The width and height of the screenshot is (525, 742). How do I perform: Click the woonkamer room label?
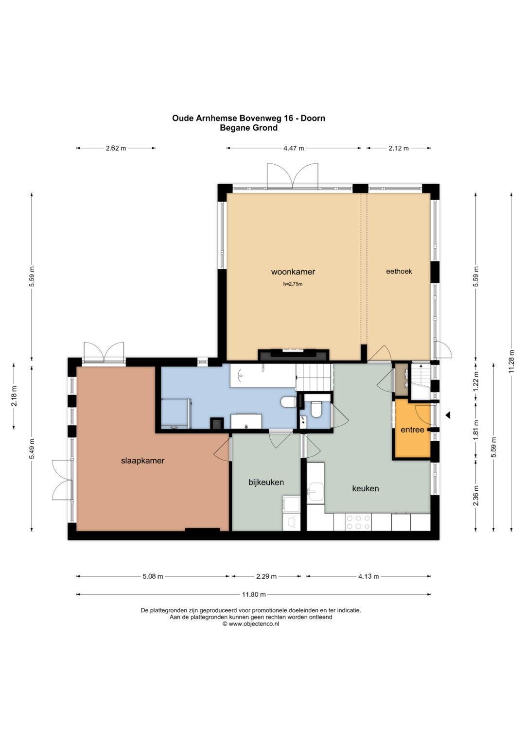click(x=293, y=272)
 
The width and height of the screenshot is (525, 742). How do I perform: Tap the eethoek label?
click(x=399, y=271)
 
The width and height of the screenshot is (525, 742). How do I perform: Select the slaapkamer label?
click(x=143, y=461)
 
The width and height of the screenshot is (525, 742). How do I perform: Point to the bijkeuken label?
click(x=266, y=482)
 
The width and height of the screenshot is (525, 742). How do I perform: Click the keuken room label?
click(x=365, y=488)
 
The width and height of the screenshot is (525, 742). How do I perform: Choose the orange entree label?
click(x=412, y=430)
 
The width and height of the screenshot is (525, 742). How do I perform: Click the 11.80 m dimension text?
click(x=254, y=594)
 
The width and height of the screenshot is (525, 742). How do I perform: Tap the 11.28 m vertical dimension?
click(x=512, y=362)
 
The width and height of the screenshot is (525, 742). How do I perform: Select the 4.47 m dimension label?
click(x=294, y=148)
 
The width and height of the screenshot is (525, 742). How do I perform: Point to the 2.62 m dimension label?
click(x=116, y=148)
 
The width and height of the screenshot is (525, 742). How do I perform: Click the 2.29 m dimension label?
click(x=266, y=576)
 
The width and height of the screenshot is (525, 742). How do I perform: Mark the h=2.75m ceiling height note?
click(x=293, y=284)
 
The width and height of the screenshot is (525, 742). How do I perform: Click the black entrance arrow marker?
click(x=448, y=414)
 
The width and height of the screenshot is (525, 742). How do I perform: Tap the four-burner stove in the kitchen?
click(x=358, y=522)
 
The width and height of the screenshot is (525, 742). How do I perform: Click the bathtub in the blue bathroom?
click(x=263, y=375)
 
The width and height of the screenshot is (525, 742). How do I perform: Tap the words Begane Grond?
click(x=248, y=127)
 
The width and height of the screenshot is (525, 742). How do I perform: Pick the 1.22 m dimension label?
click(x=476, y=382)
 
